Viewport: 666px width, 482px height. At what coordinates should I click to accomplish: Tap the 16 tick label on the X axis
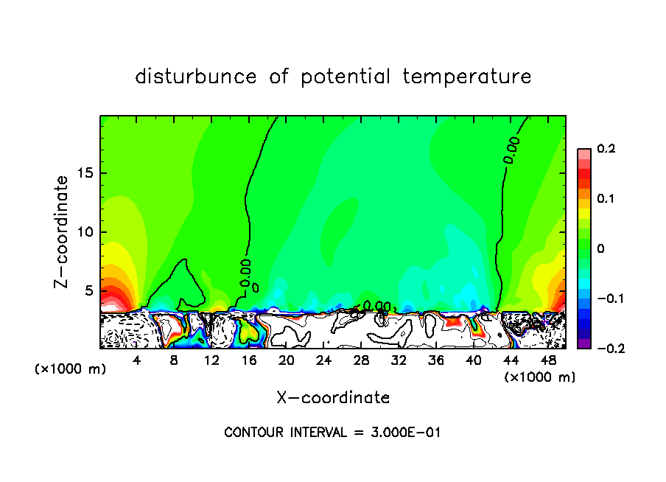(249, 360)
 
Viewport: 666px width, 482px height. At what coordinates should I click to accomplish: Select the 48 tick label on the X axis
(548, 360)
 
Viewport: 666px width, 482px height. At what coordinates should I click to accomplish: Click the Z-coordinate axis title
(63, 231)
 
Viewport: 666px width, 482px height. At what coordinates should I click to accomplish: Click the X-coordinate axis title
(333, 398)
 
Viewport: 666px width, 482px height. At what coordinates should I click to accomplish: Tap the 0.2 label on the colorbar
(606, 149)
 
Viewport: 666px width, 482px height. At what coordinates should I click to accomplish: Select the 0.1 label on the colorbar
(606, 199)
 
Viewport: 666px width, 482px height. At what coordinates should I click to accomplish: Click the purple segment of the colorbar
(583, 343)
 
